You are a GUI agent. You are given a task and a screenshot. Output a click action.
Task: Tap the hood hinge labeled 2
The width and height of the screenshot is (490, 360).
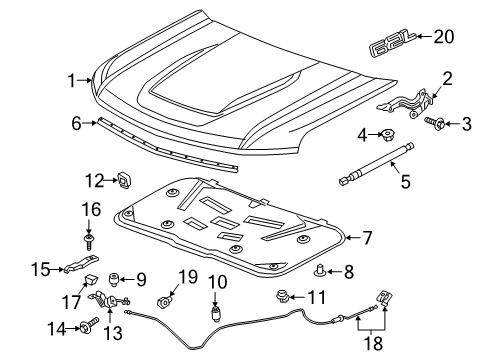pyautogui.click(x=409, y=100)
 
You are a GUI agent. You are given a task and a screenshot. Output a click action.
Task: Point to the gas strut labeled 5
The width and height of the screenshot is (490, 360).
pyautogui.click(x=377, y=162)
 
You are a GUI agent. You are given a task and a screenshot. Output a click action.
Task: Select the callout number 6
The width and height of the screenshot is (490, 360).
pyautogui.click(x=76, y=124)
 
